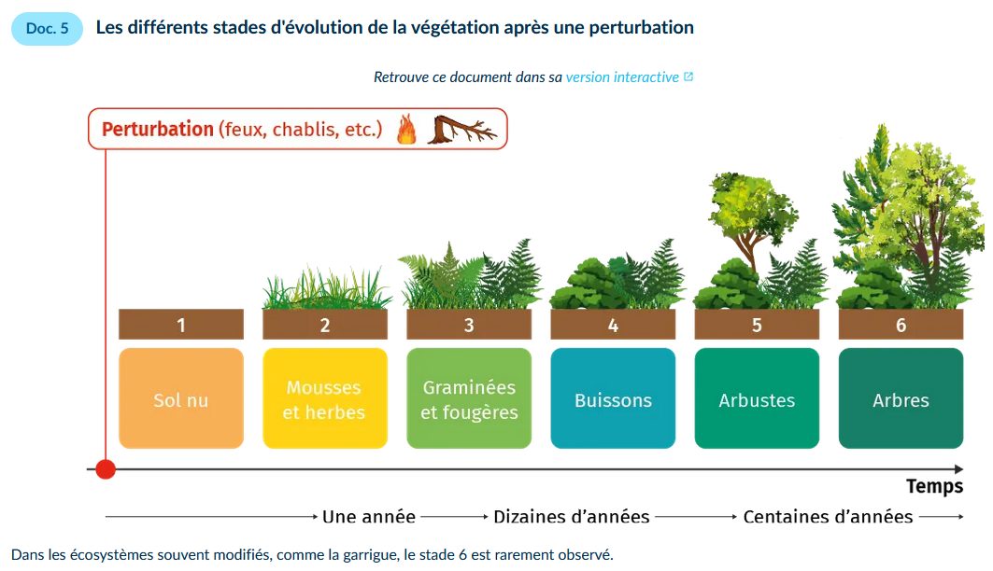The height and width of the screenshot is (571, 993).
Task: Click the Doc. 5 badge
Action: (x=47, y=28)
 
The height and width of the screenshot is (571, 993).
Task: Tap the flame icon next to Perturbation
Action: (x=406, y=129)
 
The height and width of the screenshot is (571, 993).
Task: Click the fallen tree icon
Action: (x=462, y=130)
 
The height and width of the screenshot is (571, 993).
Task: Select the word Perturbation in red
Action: (x=158, y=129)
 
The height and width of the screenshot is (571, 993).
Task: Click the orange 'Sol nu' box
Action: (x=181, y=398)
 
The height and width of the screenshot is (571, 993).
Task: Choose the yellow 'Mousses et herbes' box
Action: (x=325, y=398)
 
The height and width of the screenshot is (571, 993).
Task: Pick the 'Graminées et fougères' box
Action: (x=469, y=398)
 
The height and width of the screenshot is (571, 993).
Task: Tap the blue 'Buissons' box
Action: (x=613, y=398)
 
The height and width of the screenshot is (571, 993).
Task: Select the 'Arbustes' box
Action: (x=757, y=398)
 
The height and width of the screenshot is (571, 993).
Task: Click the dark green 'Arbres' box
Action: (x=901, y=398)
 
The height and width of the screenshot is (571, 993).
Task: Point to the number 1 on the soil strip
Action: (x=181, y=325)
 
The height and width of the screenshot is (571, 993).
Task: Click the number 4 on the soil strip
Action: (x=613, y=325)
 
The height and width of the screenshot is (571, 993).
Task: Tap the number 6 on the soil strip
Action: (x=901, y=325)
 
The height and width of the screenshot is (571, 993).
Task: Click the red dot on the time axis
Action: (x=106, y=469)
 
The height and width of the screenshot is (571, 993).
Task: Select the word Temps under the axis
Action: (x=934, y=486)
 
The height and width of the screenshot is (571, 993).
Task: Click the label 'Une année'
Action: (x=369, y=517)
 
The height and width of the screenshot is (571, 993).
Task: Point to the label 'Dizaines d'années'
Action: (x=571, y=517)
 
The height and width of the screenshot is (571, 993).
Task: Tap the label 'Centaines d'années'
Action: (x=828, y=517)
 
